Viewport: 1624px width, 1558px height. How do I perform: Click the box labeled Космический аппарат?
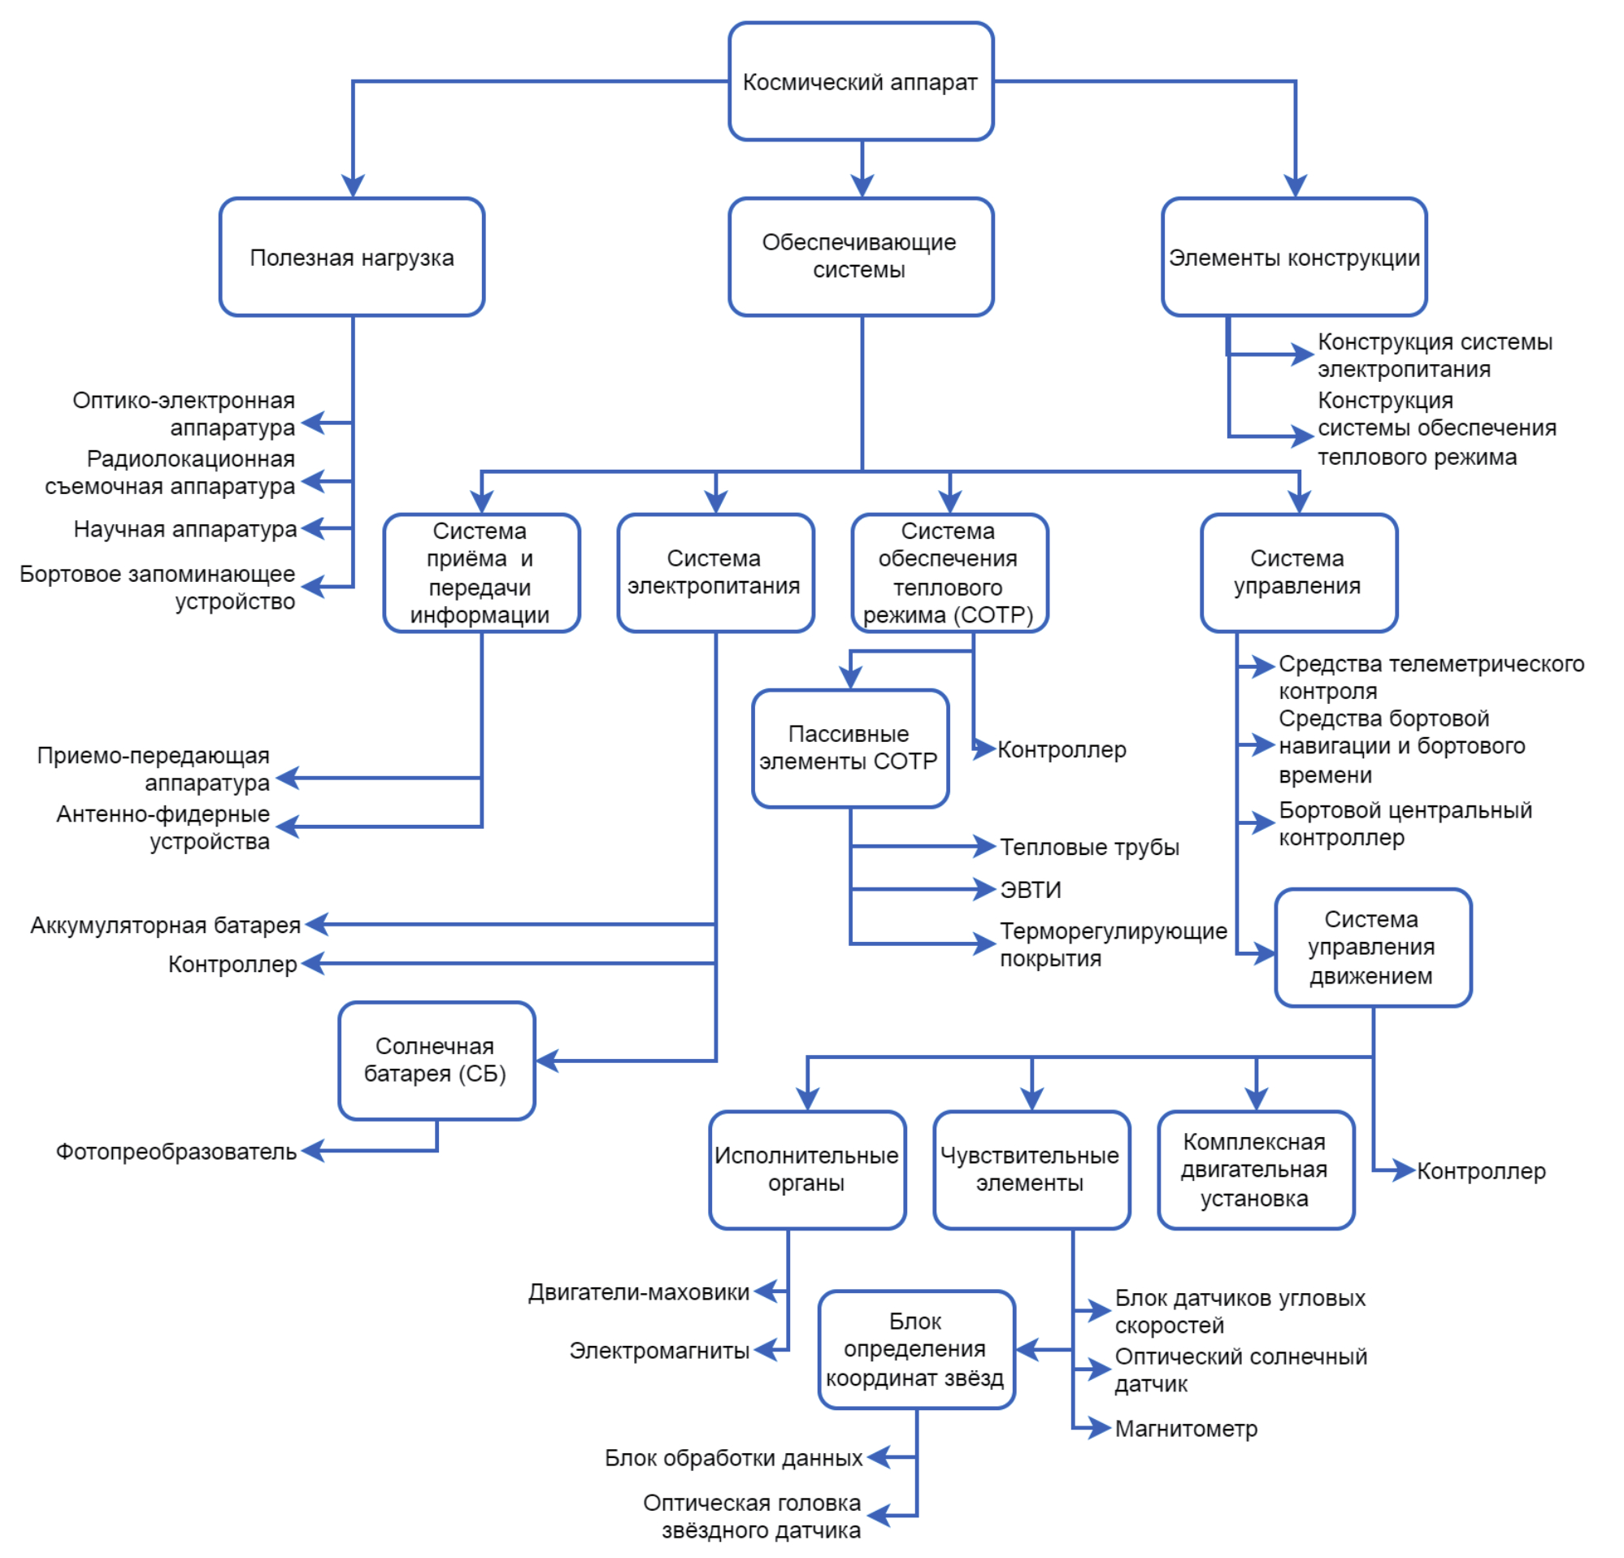[x=860, y=81]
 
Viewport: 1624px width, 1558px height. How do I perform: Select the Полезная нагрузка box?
[x=351, y=257]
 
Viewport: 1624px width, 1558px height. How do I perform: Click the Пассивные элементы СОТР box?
[x=849, y=747]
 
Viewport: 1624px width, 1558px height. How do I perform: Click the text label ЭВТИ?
[x=1030, y=890]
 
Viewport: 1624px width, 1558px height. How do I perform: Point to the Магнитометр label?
[x=1186, y=1428]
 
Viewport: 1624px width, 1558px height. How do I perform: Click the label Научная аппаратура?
[x=185, y=528]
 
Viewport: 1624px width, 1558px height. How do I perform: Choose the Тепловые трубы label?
[x=1088, y=847]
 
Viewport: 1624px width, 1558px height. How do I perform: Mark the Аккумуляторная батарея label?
[x=165, y=924]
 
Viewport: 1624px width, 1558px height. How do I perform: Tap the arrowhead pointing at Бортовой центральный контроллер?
[x=1265, y=822]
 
